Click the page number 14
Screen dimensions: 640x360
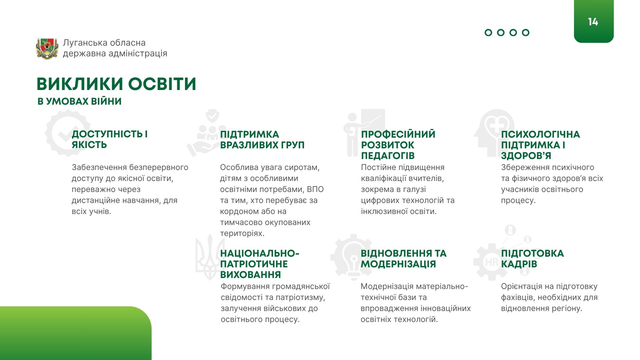pyautogui.click(x=593, y=22)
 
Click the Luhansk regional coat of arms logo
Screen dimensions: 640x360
pyautogui.click(x=47, y=48)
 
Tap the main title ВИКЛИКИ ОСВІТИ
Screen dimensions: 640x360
pyautogui.click(x=116, y=84)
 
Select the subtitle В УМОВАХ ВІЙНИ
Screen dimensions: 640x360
pyautogui.click(x=79, y=101)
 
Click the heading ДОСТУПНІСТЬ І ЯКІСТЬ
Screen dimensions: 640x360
pyautogui.click(x=110, y=139)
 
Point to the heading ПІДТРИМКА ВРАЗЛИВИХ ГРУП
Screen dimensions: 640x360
pyautogui.click(x=262, y=140)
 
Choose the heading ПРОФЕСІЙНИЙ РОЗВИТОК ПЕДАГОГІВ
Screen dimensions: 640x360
pyautogui.click(x=398, y=145)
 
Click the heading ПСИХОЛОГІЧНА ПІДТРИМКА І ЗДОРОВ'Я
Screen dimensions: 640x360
pyautogui.click(x=541, y=145)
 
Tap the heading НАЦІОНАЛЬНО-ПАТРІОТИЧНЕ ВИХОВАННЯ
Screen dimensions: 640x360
pyautogui.click(x=260, y=264)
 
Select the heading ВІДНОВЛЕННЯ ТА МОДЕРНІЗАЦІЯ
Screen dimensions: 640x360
pyautogui.click(x=404, y=259)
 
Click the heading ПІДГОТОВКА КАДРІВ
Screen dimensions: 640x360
pyautogui.click(x=532, y=259)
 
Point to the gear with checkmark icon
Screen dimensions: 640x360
pyautogui.click(x=68, y=133)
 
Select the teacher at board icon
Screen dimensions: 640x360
pyautogui.click(x=364, y=133)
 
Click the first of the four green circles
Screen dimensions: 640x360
pyautogui.click(x=488, y=33)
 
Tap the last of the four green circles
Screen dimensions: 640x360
pyautogui.click(x=526, y=33)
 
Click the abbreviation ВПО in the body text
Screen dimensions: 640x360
pyautogui.click(x=315, y=189)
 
